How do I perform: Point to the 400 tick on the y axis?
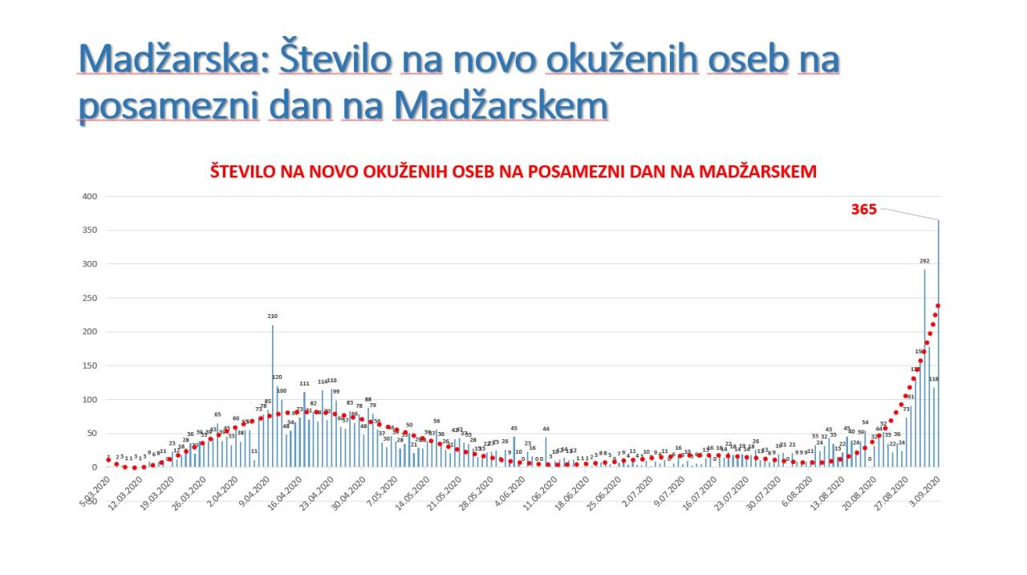88,197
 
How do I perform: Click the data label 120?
277,377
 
